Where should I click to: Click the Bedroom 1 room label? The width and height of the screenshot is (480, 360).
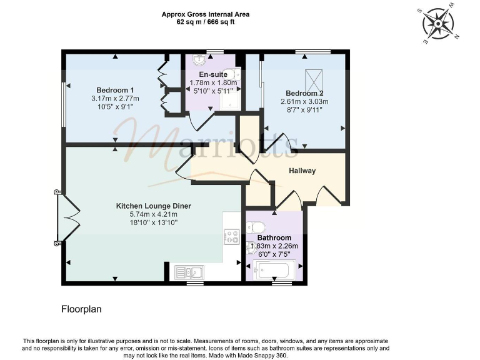click(114, 89)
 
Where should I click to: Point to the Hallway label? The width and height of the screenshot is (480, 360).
click(302, 171)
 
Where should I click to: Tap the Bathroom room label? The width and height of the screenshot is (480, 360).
click(274, 238)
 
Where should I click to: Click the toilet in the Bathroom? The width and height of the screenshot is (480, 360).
click(256, 227)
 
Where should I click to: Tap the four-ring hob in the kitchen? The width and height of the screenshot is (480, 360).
click(232, 237)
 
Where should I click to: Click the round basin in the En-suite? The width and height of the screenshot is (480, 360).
click(199, 61)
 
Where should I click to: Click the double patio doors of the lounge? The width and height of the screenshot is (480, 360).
click(66, 218)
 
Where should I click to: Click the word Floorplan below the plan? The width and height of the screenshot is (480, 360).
click(81, 309)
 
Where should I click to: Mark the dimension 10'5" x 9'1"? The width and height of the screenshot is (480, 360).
click(114, 107)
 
